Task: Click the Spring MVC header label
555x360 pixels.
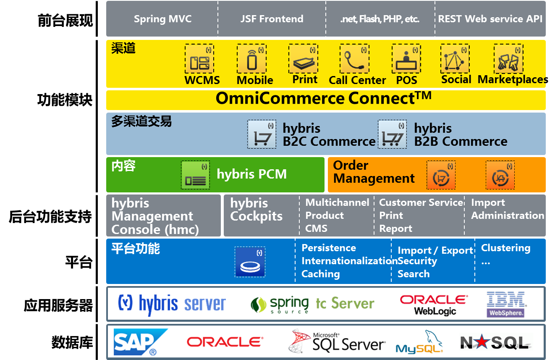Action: [162, 19]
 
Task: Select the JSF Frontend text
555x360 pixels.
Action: [272, 19]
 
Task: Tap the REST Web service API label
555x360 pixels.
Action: [490, 19]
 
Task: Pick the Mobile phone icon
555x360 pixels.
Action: [251, 60]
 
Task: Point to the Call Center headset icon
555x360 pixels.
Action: [354, 60]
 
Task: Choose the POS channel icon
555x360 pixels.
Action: [406, 60]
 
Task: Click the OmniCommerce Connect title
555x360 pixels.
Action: [323, 99]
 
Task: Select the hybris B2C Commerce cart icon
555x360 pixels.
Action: [262, 134]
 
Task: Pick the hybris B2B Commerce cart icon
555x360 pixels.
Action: [392, 134]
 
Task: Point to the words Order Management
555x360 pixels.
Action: [374, 172]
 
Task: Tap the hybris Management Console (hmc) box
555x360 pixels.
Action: [163, 216]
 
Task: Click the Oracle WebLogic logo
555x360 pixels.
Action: [434, 305]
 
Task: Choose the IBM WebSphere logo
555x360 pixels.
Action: [506, 304]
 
